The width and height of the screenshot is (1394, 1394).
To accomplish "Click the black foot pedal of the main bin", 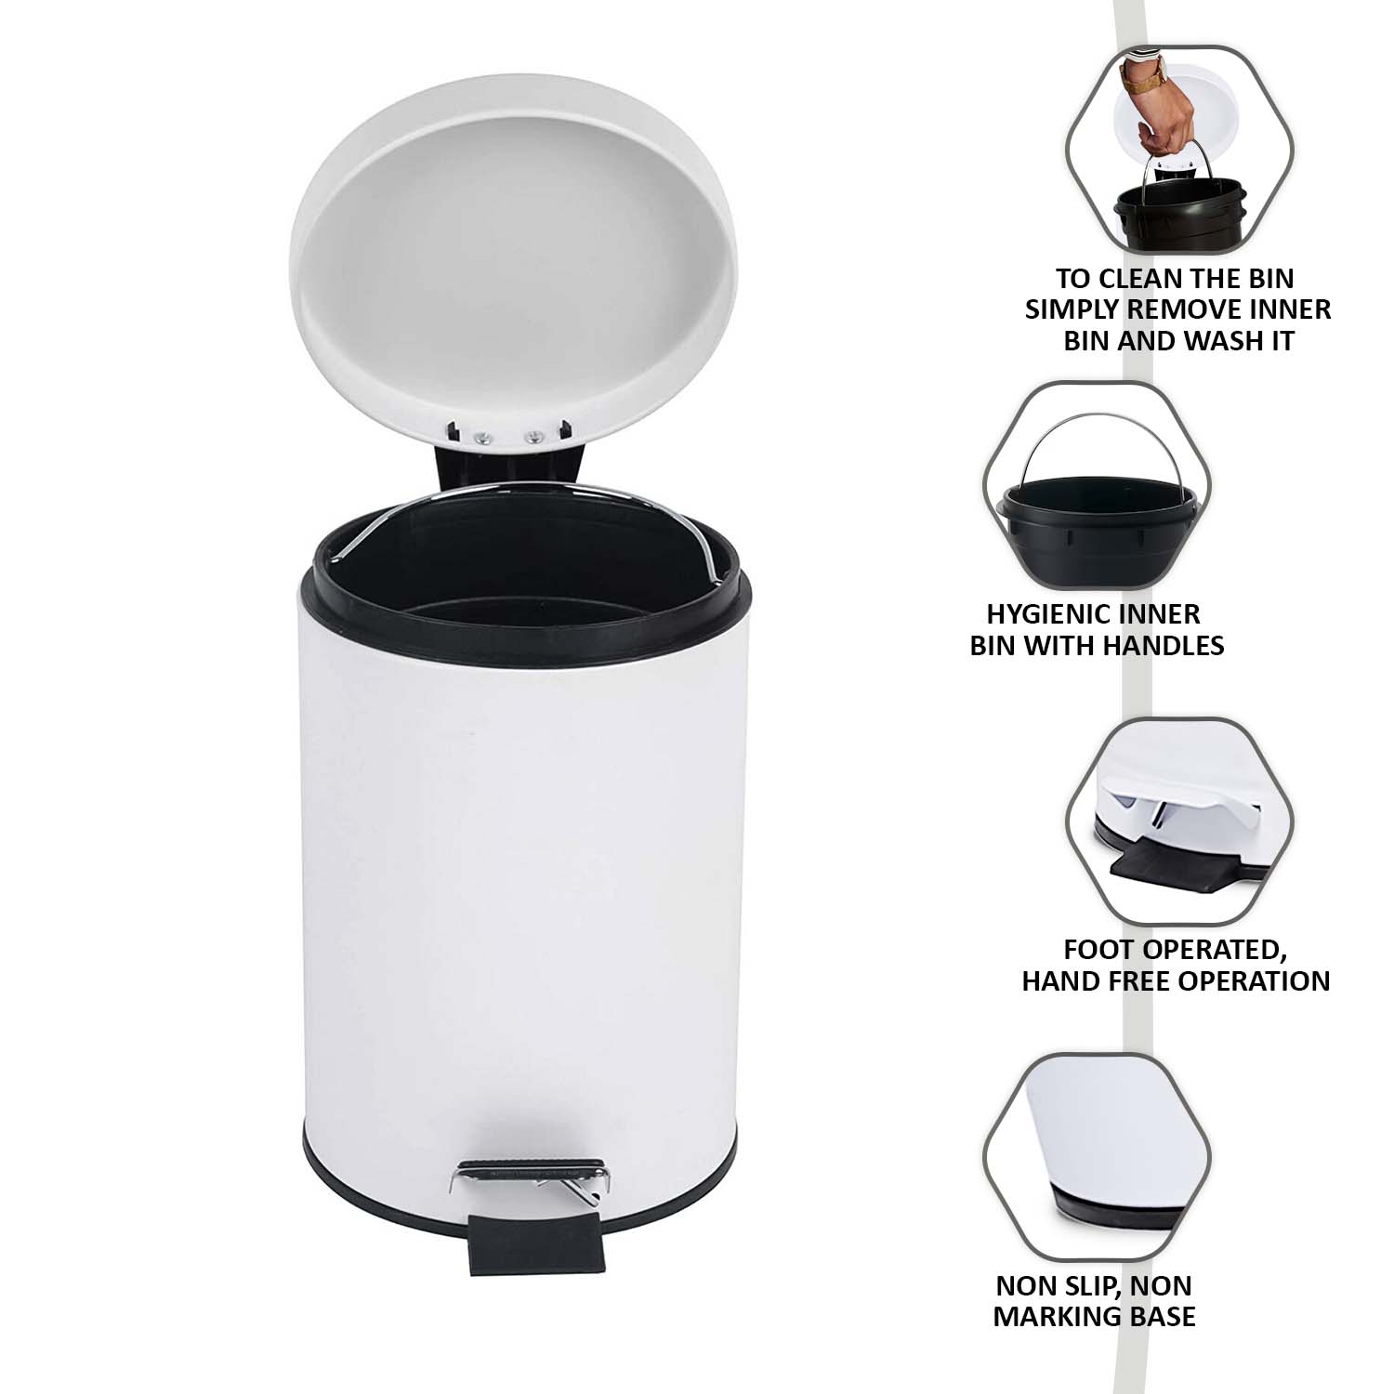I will point(535,1243).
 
